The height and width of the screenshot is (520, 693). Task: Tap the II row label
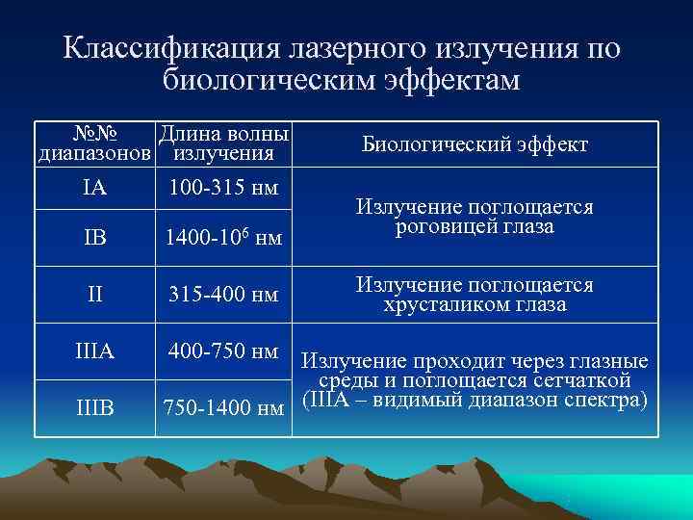tap(94, 295)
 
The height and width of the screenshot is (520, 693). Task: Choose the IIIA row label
tap(94, 352)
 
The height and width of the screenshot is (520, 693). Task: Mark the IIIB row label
tap(94, 408)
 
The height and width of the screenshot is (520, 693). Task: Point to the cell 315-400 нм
tap(223, 295)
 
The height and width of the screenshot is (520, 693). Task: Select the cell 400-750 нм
tap(223, 352)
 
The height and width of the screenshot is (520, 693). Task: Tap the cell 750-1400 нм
tap(223, 408)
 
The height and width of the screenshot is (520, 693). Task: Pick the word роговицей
tap(439, 226)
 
